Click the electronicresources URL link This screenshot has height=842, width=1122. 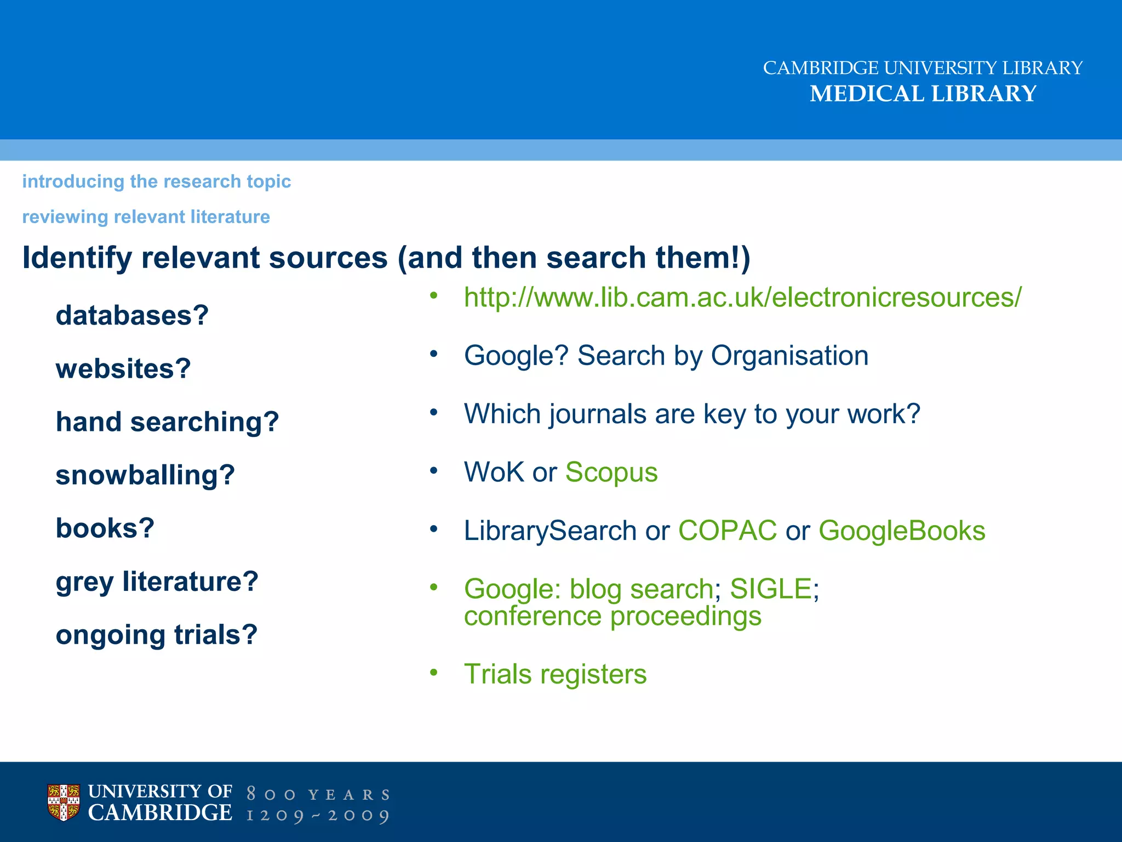[742, 298]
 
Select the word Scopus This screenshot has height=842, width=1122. [611, 472]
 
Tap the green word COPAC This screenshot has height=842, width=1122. [727, 531]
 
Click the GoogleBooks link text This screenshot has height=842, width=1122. [902, 531]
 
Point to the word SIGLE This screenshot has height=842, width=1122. [770, 589]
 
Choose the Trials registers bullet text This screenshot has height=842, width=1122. [555, 674]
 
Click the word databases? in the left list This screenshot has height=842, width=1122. [132, 315]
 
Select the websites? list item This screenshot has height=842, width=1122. [123, 368]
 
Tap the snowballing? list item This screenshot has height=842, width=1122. [145, 475]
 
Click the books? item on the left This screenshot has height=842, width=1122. [105, 528]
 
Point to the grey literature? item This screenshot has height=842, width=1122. [157, 582]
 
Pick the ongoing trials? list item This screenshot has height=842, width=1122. [156, 635]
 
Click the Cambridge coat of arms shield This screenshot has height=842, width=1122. [64, 802]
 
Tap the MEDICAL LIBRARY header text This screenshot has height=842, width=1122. [923, 94]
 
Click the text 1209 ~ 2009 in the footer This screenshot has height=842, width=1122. [318, 815]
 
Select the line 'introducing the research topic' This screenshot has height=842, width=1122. [156, 181]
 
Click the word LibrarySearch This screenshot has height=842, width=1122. [550, 531]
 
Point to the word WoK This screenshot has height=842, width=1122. [494, 472]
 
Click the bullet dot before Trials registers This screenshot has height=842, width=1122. [434, 673]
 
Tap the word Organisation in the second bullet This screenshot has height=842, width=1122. [789, 356]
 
